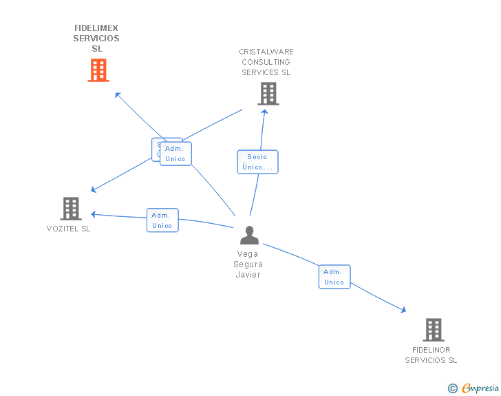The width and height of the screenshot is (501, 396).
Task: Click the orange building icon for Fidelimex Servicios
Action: [98, 70]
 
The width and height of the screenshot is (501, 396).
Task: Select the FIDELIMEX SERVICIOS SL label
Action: [96, 39]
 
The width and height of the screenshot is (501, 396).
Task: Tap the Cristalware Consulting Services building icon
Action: [268, 94]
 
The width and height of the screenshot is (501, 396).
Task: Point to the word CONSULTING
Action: [266, 62]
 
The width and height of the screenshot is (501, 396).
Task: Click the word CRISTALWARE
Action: [266, 52]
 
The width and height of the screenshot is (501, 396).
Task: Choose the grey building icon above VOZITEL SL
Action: [71, 208]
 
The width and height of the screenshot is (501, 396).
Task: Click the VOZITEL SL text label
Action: [68, 229]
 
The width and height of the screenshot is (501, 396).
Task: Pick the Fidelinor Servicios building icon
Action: [433, 330]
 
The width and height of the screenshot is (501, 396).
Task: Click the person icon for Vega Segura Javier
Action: [249, 236]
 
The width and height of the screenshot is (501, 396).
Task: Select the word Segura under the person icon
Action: [248, 264]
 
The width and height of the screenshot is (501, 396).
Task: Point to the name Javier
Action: [248, 274]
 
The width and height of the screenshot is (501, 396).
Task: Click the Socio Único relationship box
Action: [257, 162]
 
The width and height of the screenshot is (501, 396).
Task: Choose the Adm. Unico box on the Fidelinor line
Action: [334, 277]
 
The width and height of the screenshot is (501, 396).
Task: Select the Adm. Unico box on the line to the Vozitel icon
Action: [162, 220]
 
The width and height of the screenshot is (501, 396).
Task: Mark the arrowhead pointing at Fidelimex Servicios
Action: [118, 95]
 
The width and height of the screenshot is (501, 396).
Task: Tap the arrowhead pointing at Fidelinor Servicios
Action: [403, 311]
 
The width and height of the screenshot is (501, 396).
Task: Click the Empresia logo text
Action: [480, 388]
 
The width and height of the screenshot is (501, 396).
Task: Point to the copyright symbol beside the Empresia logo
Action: [452, 389]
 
